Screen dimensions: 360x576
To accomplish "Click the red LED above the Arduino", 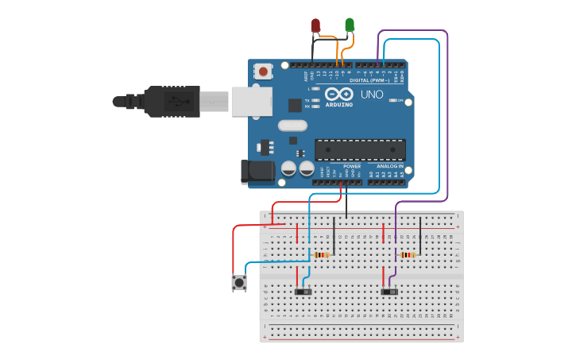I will click(x=315, y=25).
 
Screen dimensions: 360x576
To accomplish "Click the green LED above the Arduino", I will click(x=350, y=25).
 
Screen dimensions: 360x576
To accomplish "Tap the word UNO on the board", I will click(x=372, y=95).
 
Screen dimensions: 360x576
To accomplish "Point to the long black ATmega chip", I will click(x=360, y=149).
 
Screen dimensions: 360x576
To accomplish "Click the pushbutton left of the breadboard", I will click(x=238, y=282).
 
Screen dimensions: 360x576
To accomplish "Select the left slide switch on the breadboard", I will click(x=303, y=292).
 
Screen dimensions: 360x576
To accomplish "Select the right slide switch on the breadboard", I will click(x=389, y=292).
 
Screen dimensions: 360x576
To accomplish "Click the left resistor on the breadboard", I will click(x=321, y=255).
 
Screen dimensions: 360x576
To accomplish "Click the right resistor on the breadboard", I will click(x=408, y=255).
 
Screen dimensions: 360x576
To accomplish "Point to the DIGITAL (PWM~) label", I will click(x=369, y=80).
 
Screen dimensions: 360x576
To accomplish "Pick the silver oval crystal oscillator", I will click(x=292, y=125).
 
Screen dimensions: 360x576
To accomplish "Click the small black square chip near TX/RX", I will click(x=295, y=105).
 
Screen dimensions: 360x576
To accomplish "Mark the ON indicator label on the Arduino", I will click(x=400, y=100).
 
